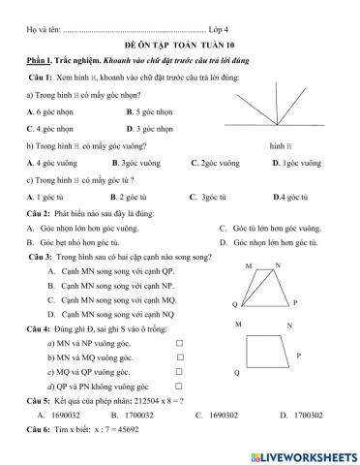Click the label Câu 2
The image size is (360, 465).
coord(42,212)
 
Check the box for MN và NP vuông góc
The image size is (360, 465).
coord(178,344)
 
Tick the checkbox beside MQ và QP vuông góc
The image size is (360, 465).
coord(179,372)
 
